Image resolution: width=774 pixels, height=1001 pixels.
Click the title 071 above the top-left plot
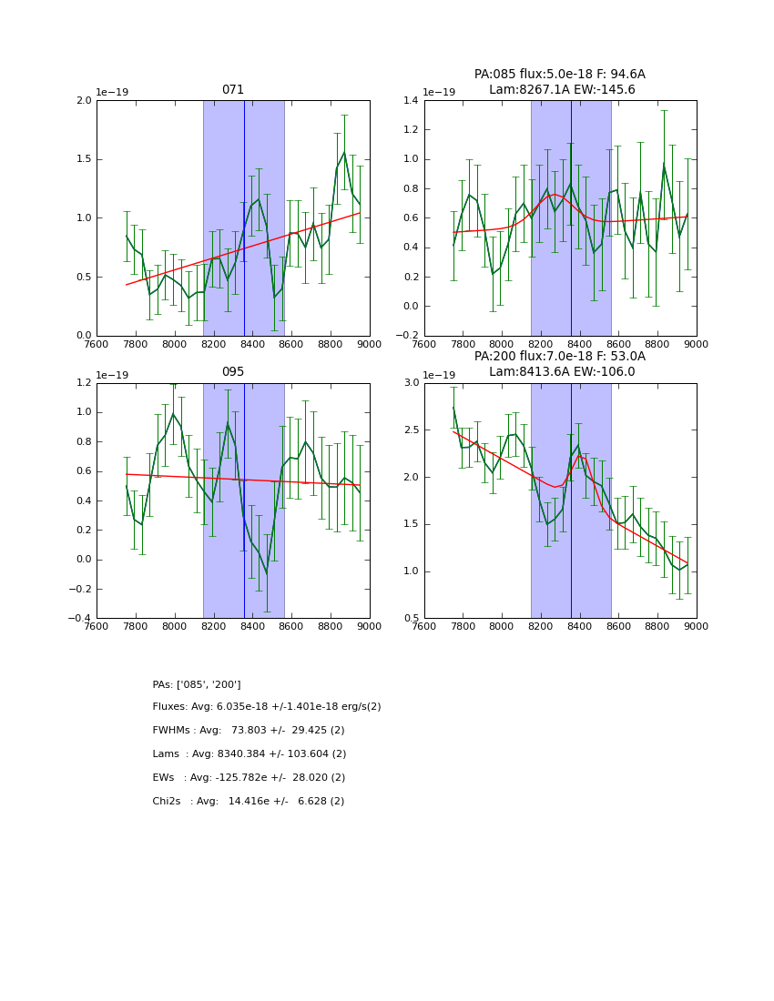[233, 90]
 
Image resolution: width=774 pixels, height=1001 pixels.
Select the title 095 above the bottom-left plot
[233, 372]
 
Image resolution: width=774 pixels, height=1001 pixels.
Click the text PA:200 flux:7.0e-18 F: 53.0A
[560, 357]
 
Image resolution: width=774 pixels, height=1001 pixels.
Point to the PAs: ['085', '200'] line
[197, 684]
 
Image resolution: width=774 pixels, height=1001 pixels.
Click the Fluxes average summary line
[267, 707]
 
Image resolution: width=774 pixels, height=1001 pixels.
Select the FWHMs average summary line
[249, 731]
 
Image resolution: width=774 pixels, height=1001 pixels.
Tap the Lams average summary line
[250, 754]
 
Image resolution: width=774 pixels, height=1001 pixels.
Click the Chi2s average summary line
[249, 802]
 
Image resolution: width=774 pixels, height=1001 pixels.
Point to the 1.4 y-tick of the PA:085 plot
[411, 101]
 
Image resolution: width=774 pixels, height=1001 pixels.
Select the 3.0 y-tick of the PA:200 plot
[411, 383]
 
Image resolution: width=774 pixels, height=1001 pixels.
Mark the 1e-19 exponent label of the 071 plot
[112, 92]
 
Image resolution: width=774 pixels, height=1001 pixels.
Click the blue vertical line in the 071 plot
[244, 218]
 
